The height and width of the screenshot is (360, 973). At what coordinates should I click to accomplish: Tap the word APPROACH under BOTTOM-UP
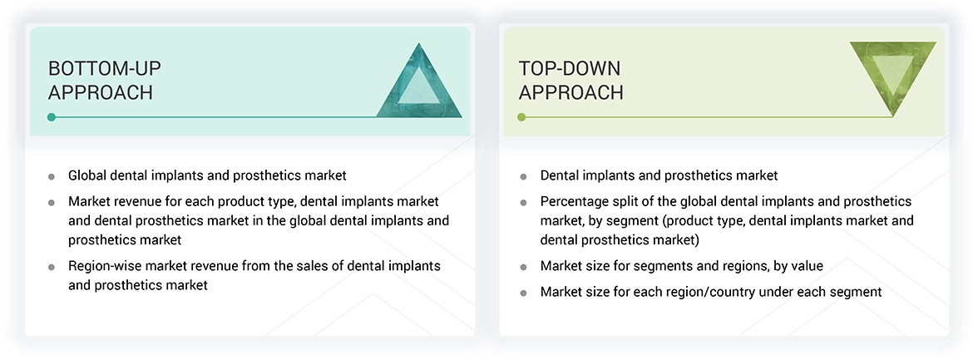click(101, 92)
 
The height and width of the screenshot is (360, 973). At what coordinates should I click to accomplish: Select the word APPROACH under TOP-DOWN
click(571, 92)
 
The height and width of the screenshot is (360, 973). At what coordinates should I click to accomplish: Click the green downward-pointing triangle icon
click(892, 75)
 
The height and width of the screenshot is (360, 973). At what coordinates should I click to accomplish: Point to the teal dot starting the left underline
click(52, 117)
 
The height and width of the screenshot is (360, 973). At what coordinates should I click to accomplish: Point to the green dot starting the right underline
click(521, 117)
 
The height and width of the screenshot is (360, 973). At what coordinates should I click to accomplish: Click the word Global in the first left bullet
click(87, 175)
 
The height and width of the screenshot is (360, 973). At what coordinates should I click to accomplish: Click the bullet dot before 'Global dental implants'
click(52, 176)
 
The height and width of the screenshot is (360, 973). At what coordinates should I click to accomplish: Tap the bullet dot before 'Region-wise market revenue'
click(52, 267)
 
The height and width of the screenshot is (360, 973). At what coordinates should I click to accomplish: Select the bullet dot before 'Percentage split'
click(523, 202)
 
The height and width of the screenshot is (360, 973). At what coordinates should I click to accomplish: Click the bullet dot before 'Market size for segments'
click(523, 267)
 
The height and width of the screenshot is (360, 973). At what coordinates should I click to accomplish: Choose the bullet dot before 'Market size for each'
click(523, 293)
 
